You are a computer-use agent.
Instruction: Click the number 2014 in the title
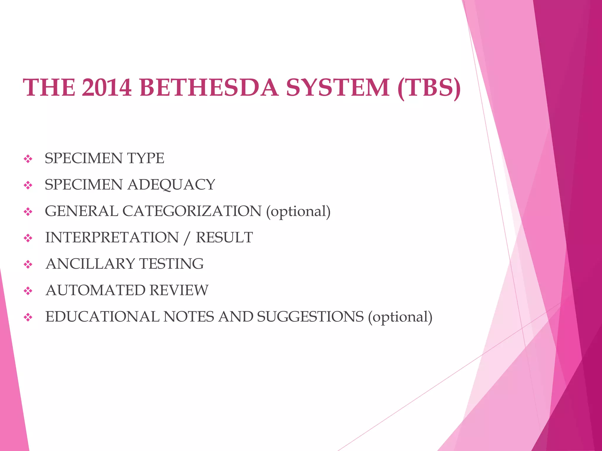106,87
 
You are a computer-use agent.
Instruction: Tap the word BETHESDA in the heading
209,87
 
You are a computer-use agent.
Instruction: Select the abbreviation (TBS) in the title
429,87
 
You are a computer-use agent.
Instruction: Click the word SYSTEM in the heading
338,87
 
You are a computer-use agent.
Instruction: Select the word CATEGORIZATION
192,211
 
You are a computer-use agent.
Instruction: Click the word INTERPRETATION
112,238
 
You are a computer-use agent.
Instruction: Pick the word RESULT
224,238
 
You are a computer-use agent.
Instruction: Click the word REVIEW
179,290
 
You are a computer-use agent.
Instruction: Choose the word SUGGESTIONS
310,317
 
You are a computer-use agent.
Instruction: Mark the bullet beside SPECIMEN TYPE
28,159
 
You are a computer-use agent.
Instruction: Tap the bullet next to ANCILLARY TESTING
28,265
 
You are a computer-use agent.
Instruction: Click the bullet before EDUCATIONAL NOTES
28,317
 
